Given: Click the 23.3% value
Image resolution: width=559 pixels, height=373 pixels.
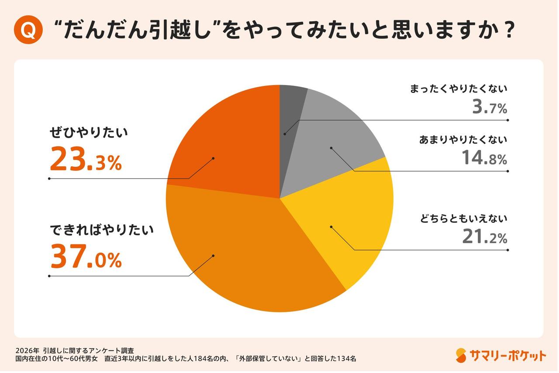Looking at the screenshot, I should point(86,160).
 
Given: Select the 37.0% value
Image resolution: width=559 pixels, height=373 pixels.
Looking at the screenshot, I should point(86,257).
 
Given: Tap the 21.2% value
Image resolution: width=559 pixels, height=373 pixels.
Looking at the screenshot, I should point(484,237).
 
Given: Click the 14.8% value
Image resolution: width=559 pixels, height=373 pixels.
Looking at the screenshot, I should point(484,158).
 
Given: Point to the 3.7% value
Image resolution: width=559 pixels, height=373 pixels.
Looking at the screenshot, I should point(489,107).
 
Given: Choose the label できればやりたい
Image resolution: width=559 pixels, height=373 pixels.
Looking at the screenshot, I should point(101,230).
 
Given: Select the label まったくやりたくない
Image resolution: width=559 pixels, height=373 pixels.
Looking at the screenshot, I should point(459,89).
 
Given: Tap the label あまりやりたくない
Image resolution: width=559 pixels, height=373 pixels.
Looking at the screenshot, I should point(463,140).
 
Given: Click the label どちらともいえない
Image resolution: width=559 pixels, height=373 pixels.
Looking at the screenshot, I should point(463,219).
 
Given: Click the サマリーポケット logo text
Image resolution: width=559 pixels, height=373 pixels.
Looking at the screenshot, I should point(508,356).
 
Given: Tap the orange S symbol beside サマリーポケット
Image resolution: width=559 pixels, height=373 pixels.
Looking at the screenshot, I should point(461,356).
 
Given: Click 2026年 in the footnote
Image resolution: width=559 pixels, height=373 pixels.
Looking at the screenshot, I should point(27,350).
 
